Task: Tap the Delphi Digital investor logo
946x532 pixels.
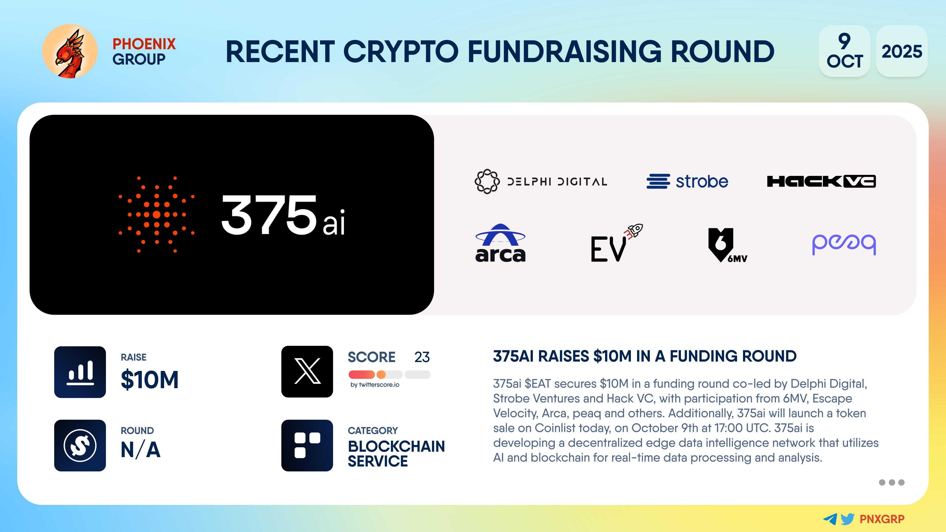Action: click(x=541, y=181)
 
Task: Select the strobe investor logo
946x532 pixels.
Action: click(x=687, y=181)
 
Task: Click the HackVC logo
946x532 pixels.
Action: click(x=821, y=181)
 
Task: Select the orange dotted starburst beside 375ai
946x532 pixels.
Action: click(x=156, y=215)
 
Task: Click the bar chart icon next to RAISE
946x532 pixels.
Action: click(x=80, y=372)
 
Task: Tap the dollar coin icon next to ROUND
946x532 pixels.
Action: click(x=80, y=445)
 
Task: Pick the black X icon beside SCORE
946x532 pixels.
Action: click(x=307, y=372)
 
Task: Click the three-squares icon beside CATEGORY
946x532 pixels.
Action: click(x=307, y=445)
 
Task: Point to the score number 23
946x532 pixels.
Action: click(x=422, y=357)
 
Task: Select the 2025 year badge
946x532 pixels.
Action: click(x=902, y=51)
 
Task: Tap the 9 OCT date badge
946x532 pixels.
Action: click(x=845, y=51)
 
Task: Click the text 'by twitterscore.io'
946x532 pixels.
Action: click(x=374, y=384)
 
